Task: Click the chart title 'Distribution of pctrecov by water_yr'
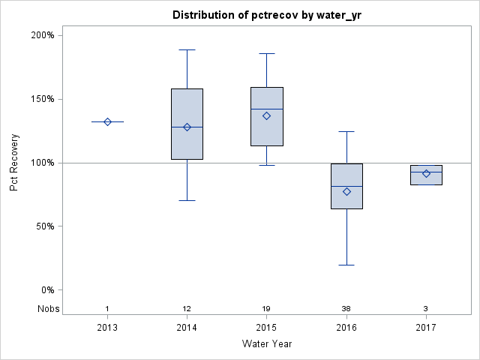[x=266, y=15]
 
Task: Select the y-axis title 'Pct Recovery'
[x=14, y=163]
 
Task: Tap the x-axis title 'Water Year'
[x=266, y=343]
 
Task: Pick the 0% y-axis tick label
[x=46, y=290]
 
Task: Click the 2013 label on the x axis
[x=107, y=327]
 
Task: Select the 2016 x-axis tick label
[x=346, y=327]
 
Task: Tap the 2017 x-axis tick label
[x=426, y=327]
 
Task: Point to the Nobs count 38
[x=346, y=309]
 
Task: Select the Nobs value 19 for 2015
[x=266, y=309]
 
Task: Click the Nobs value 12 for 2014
[x=187, y=309]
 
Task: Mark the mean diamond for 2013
[x=107, y=121]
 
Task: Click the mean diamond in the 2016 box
[x=346, y=191]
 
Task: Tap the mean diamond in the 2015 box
[x=266, y=115]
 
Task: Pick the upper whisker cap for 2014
[x=187, y=49]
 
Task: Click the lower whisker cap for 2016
[x=346, y=265]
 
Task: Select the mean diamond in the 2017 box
[x=426, y=173]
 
